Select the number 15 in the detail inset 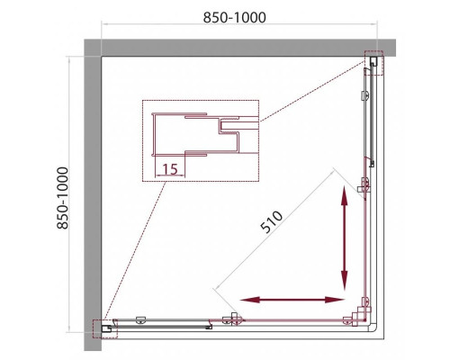coord(170,168)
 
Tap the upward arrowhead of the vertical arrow coord(345,193)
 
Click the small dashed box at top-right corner coord(373,61)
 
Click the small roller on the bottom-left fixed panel coord(140,319)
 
